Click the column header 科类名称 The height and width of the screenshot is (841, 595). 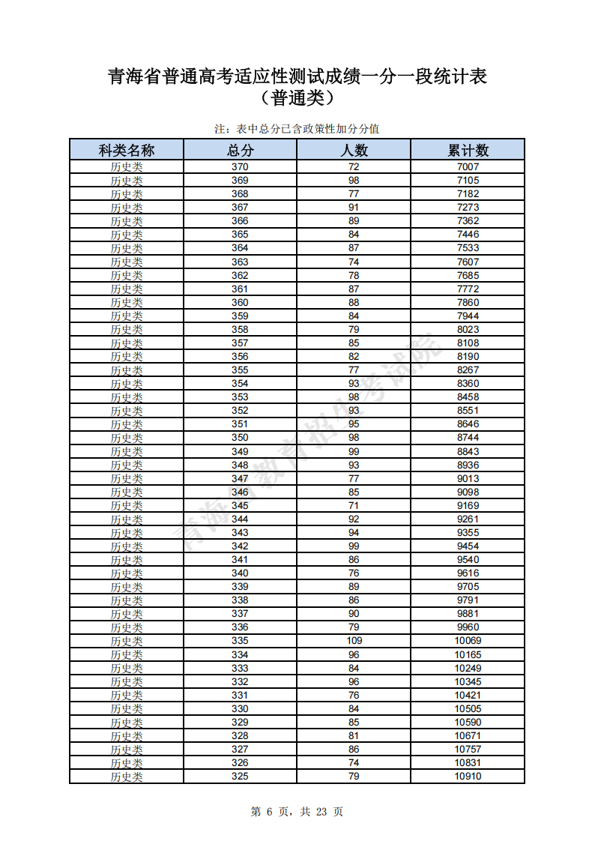[x=127, y=150]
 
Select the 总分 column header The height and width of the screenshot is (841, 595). [x=240, y=150]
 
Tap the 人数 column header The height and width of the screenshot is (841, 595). [x=354, y=150]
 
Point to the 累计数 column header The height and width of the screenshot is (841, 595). [x=468, y=150]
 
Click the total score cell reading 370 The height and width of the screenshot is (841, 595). [x=240, y=166]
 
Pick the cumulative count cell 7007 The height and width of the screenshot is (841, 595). [x=468, y=166]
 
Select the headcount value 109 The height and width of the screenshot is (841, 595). [x=354, y=641]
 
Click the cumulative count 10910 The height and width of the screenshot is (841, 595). [x=468, y=776]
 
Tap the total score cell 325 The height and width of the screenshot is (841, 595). [x=240, y=776]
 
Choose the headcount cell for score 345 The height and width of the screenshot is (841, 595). [x=354, y=505]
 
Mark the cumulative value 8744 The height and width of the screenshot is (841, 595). [x=468, y=438]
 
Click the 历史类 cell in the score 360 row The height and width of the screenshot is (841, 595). [x=127, y=302]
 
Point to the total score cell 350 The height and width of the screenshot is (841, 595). [x=240, y=438]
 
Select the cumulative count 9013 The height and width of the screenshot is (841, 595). [x=468, y=478]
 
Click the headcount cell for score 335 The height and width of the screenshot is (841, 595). [x=354, y=641]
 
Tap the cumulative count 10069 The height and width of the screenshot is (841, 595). [x=468, y=641]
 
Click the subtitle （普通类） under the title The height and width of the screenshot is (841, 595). [x=297, y=97]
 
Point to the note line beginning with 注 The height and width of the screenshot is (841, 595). [x=297, y=129]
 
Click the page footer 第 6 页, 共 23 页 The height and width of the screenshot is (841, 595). [x=297, y=811]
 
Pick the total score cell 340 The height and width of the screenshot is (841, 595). [x=240, y=573]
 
